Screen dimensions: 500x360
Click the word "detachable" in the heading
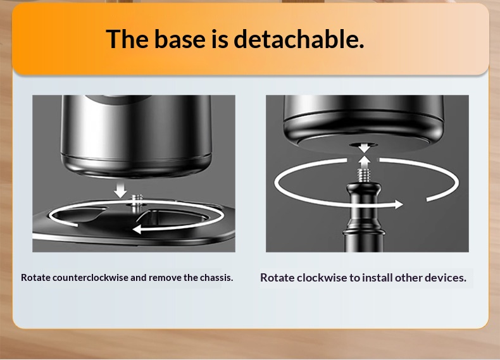[299, 39]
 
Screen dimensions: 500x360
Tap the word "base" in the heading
[180, 39]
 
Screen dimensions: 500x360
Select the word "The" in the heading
[127, 39]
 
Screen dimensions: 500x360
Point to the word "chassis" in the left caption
[216, 277]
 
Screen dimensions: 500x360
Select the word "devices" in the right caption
[446, 278]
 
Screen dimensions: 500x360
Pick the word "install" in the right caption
[377, 278]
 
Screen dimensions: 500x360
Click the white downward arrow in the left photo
[120, 189]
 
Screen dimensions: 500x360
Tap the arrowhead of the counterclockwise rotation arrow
[137, 229]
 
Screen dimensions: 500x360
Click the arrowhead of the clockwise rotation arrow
[399, 204]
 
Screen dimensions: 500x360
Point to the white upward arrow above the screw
[364, 162]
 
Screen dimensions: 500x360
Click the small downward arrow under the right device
[364, 147]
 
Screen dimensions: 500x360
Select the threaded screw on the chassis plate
[137, 201]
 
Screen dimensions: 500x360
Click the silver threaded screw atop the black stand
[364, 176]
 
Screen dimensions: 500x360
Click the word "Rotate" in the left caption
[35, 277]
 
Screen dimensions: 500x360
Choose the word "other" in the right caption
[408, 278]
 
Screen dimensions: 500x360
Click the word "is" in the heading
[220, 39]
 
